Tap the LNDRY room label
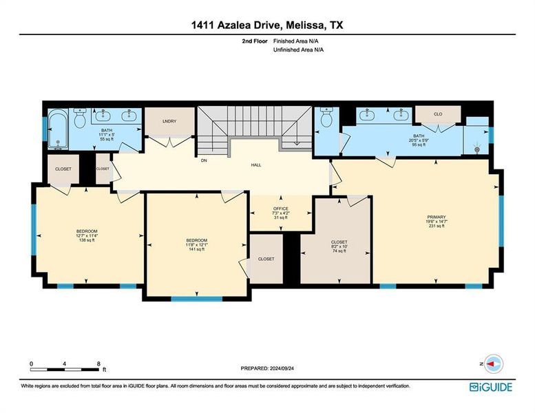point(169,122)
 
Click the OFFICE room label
point(280,209)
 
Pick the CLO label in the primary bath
point(438,114)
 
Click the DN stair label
point(204,160)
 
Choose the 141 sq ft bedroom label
point(198,249)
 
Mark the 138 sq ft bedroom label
point(87,240)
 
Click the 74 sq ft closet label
point(339,251)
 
